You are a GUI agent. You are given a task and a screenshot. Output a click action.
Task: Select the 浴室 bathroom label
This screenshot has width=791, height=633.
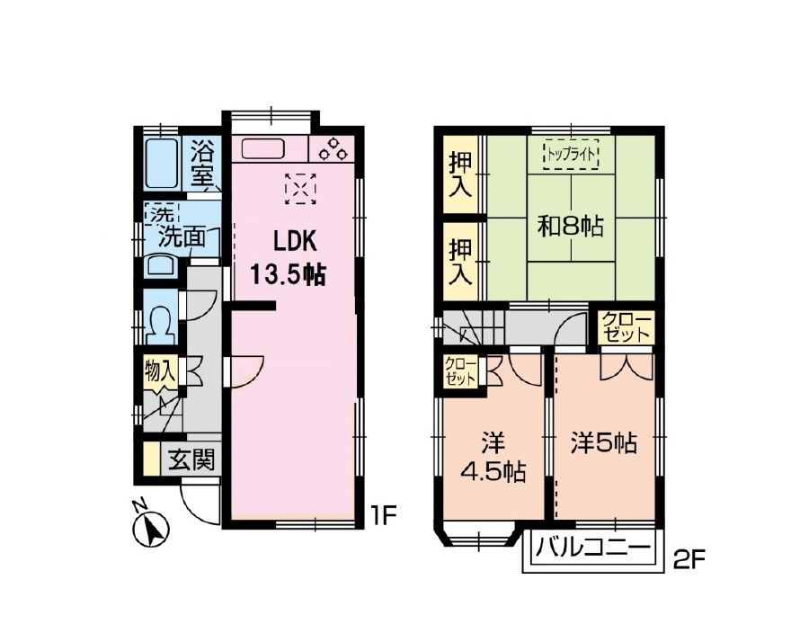tap(202, 163)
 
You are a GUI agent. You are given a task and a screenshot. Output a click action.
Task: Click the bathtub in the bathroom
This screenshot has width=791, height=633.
tap(162, 164)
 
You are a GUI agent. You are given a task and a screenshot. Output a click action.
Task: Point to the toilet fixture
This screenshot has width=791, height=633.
tap(161, 324)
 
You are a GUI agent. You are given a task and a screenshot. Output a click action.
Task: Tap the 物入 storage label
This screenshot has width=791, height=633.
tap(161, 373)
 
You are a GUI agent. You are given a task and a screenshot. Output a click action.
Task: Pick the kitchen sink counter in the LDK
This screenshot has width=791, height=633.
tap(262, 148)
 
